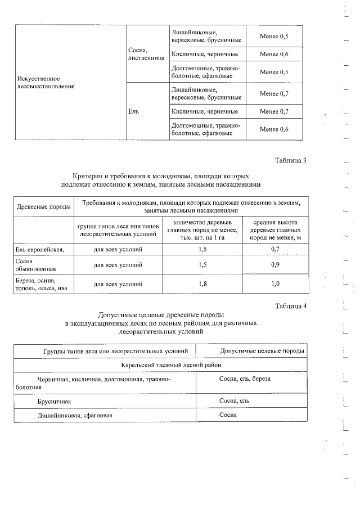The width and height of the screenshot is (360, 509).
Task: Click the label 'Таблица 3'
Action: (290, 161)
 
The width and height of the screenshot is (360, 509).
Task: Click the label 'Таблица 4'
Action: (290, 306)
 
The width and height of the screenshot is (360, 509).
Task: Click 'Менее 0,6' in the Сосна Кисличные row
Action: (274, 54)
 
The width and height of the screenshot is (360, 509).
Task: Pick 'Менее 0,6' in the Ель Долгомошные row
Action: (274, 129)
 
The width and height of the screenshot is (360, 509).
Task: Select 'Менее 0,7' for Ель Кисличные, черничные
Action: (274, 111)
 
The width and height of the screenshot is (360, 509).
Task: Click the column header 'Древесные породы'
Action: (43, 206)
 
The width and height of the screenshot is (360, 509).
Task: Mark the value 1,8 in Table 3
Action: (203, 283)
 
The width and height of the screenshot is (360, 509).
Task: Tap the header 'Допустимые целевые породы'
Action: (262, 351)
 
